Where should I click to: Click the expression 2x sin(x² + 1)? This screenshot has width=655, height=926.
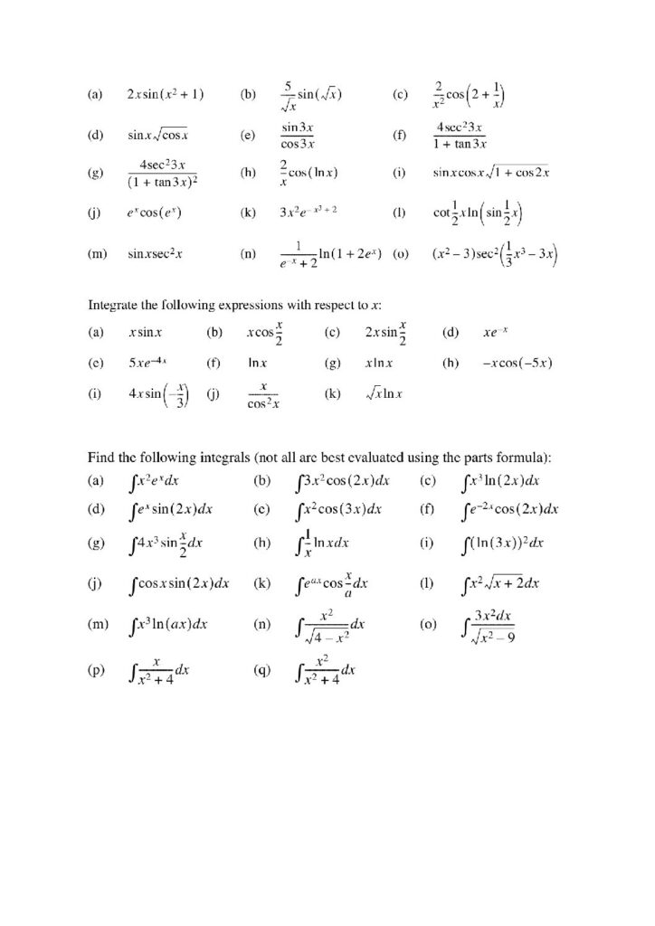166,94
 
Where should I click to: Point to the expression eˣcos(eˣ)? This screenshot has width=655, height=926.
157,214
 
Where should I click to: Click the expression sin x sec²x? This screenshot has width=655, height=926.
156,255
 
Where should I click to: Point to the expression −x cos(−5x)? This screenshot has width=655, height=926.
518,364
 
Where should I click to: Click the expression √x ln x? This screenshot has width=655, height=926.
384,394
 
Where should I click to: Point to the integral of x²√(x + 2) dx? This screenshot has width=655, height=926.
499,583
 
